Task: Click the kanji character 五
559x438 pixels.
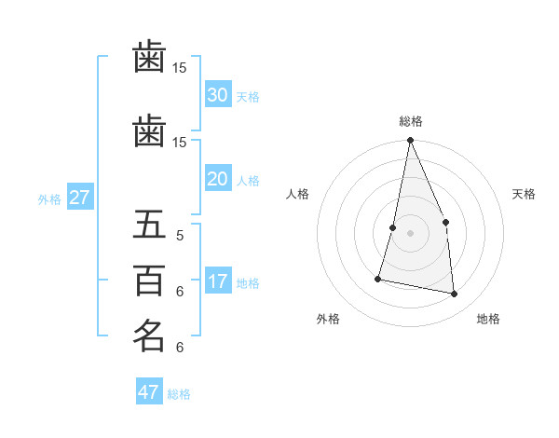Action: click(149, 225)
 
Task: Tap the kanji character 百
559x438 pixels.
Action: click(149, 280)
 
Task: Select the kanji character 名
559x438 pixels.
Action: click(149, 335)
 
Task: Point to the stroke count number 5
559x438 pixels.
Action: click(180, 235)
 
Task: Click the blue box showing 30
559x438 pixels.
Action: click(217, 95)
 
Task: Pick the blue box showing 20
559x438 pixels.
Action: click(217, 179)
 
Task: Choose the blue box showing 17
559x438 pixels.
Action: click(217, 281)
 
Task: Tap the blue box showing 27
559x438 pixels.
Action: click(80, 198)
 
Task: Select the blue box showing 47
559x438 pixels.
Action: click(149, 392)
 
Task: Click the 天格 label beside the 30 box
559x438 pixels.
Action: click(248, 97)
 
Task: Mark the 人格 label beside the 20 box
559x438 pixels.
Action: click(248, 181)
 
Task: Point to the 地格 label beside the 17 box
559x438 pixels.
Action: click(248, 283)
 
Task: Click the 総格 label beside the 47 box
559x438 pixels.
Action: click(179, 394)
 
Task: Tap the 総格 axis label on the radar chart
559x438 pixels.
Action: click(411, 121)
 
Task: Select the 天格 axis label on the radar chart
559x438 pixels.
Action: click(525, 194)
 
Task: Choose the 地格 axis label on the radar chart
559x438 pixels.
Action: click(488, 319)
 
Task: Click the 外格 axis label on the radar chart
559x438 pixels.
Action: click(328, 319)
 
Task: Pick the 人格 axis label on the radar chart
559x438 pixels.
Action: click(297, 194)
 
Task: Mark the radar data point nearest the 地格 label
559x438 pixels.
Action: click(455, 294)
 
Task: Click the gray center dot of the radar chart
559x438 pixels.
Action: click(410, 233)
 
